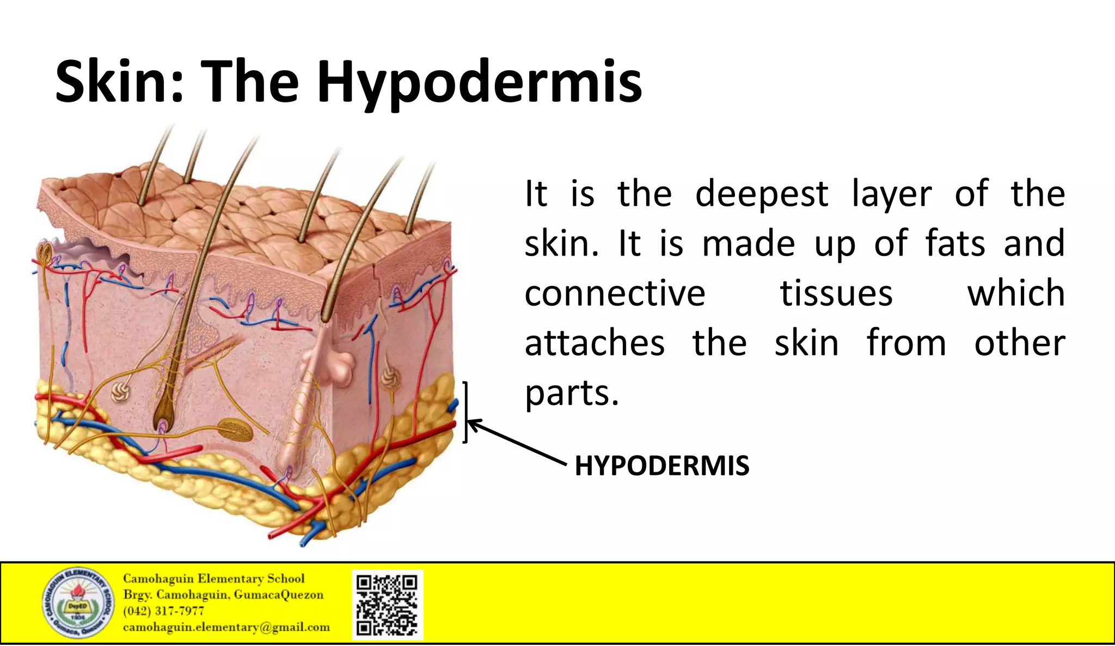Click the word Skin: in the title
[x=119, y=83]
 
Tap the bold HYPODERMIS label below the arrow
[x=661, y=466]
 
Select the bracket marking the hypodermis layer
[x=465, y=412]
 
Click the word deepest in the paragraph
[x=761, y=195]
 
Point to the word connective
[x=615, y=294]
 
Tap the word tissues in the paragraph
[x=836, y=294]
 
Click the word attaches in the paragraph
[x=595, y=344]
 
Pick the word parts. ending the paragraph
[x=572, y=393]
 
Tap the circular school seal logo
[x=78, y=603]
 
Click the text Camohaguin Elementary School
[x=213, y=578]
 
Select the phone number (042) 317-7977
[x=163, y=611]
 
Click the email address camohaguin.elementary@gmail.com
[x=226, y=627]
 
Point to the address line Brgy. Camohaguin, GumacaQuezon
[x=223, y=595]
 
